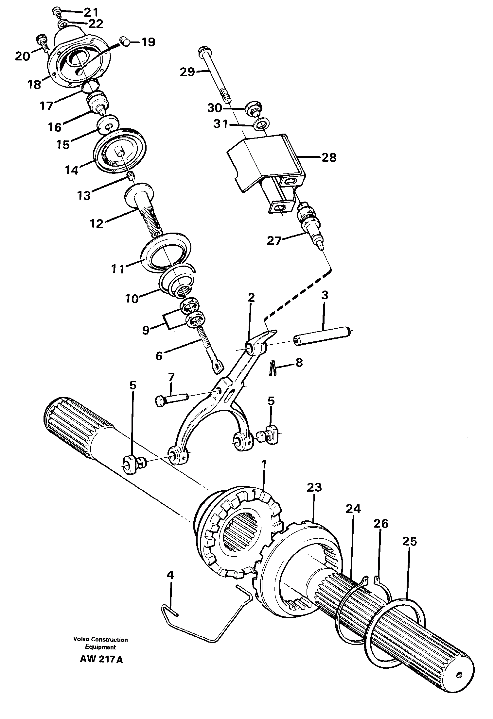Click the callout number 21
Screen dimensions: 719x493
(91, 12)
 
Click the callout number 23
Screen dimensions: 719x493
(314, 497)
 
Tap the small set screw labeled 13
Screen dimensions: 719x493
(131, 177)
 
